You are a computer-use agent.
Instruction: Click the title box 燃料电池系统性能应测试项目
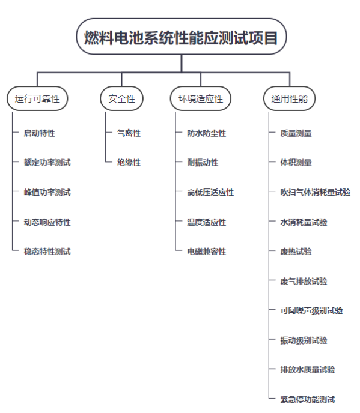tap(181, 37)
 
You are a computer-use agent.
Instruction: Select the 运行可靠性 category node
tap(37, 98)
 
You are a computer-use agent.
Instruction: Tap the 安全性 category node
tap(121, 98)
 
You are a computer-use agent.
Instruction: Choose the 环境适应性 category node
tap(201, 98)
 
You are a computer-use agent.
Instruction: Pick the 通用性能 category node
tap(289, 98)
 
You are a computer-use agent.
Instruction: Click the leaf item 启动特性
tap(40, 133)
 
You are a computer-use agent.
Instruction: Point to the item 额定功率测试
tap(47, 163)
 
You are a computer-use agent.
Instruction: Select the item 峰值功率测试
tap(47, 192)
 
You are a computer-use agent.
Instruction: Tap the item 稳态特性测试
tap(47, 252)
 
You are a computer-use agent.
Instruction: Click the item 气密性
tap(129, 133)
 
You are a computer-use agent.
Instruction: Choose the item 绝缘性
tap(129, 163)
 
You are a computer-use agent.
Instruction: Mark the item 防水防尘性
tap(207, 133)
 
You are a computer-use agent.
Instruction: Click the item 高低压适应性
tap(210, 192)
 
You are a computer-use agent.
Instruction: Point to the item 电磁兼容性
tap(207, 252)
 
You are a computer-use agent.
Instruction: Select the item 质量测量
tap(296, 133)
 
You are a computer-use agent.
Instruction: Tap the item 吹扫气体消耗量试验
tap(316, 192)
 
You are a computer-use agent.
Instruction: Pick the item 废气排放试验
tap(304, 281)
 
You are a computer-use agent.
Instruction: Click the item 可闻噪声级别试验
tap(311, 310)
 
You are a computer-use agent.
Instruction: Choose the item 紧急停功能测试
tap(308, 399)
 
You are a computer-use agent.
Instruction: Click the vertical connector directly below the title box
tap(182, 64)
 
